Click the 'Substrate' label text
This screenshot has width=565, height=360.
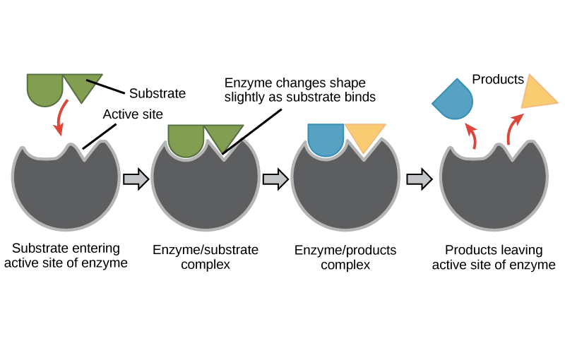point(157,93)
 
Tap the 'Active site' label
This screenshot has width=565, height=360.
point(133,114)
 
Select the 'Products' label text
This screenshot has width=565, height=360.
point(498,80)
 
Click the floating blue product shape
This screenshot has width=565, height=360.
point(453,100)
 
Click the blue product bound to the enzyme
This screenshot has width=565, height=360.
point(326,138)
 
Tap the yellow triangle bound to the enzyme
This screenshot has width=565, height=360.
point(364,136)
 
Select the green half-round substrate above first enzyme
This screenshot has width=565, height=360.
point(44,88)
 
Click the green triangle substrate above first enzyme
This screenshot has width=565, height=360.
point(82,85)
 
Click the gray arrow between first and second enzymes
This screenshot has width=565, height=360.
point(136,179)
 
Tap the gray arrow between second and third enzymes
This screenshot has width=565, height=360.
point(275,179)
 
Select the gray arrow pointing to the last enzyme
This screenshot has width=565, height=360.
point(420,179)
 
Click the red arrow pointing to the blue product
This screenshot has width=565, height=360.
point(471,135)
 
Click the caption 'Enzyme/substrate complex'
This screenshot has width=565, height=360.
point(206,258)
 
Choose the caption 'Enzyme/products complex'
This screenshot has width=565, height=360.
point(345,258)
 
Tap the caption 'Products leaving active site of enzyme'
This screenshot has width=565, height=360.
point(494,258)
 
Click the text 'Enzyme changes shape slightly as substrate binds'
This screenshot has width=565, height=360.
point(299,90)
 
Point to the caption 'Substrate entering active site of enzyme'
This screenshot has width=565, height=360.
point(66,256)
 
